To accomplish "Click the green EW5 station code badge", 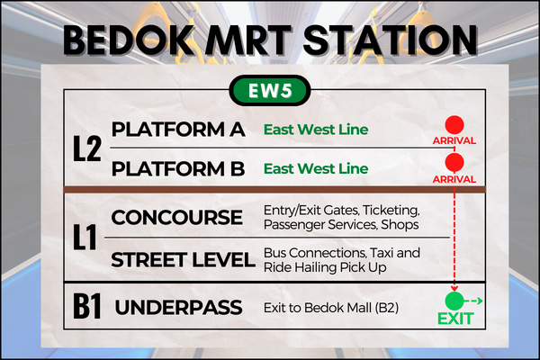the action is click(270, 91).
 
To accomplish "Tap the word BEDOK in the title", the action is click(128, 40).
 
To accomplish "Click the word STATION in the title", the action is click(391, 40).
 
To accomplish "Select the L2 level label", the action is click(87, 148).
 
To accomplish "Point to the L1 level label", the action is click(85, 237).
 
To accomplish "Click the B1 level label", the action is click(87, 306).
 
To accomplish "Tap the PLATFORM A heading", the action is click(178, 130).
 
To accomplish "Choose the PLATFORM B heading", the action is click(178, 169).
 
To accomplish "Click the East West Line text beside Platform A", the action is click(316, 130).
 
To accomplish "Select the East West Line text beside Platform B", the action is click(316, 168).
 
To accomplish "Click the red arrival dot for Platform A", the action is click(454, 125).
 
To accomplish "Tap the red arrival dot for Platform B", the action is click(454, 162).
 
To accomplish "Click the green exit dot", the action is click(454, 301).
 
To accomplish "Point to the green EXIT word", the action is click(455, 319).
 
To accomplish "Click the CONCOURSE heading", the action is click(176, 218).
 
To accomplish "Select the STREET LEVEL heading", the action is click(183, 260).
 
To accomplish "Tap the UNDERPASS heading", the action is click(178, 307).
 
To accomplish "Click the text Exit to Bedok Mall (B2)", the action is click(331, 308).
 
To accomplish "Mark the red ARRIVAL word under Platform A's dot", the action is click(454, 140).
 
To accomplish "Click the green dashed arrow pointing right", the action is click(473, 301).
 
